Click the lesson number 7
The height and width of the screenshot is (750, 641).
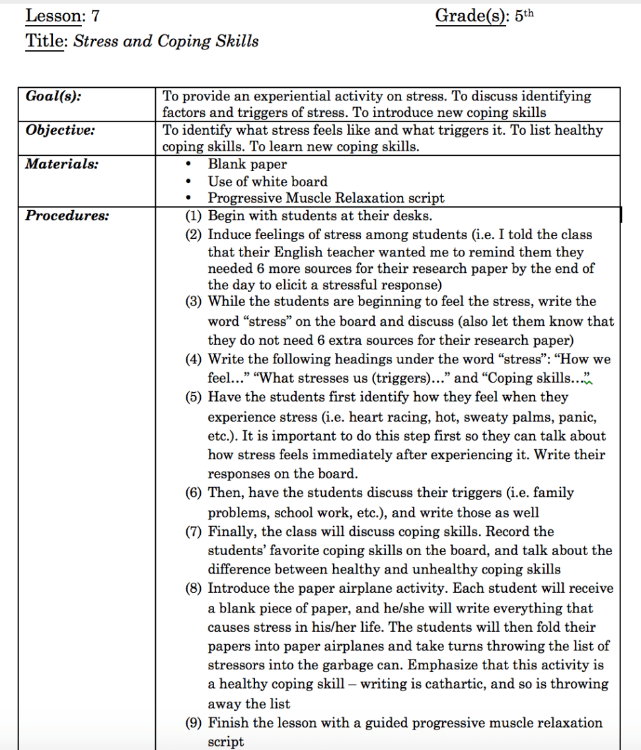click(x=96, y=16)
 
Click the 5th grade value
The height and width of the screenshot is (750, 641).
click(x=523, y=17)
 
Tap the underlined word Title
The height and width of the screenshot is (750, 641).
click(x=44, y=41)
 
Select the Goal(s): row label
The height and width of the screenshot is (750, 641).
click(x=54, y=96)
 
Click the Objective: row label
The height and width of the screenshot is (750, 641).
click(x=60, y=130)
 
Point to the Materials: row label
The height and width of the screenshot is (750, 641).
click(x=61, y=164)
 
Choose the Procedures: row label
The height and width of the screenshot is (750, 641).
click(x=67, y=215)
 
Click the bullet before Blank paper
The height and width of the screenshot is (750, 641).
click(x=190, y=165)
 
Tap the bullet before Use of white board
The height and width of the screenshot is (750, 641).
click(x=190, y=182)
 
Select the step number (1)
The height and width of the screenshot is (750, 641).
click(x=194, y=215)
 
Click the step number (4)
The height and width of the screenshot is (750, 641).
click(x=194, y=359)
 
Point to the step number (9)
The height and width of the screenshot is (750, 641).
click(x=194, y=723)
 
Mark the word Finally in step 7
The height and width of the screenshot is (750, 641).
click(x=233, y=531)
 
